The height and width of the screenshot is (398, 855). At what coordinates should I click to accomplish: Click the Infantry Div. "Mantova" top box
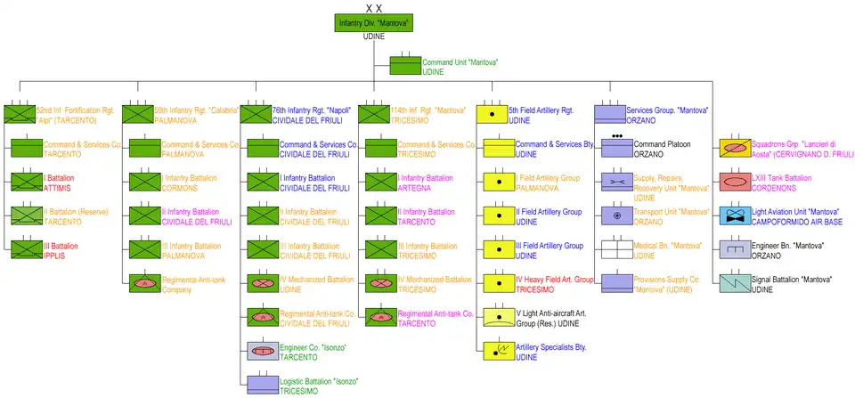374,22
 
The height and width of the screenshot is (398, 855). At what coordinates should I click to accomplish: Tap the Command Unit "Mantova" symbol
405,67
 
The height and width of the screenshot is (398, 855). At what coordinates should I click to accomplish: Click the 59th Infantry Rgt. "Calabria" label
196,114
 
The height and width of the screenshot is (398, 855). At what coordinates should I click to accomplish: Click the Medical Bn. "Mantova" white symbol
617,249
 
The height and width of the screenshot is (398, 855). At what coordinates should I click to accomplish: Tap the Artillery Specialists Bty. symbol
499,351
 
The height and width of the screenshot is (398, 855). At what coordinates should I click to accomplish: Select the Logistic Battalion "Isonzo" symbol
263,385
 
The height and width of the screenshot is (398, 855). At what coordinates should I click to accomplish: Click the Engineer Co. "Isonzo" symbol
263,351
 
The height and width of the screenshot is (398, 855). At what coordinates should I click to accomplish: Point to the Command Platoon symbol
617,148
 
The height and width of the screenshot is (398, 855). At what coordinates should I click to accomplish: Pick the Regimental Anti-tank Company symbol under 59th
144,283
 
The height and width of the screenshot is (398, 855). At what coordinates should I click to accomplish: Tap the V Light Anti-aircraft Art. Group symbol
499,317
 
